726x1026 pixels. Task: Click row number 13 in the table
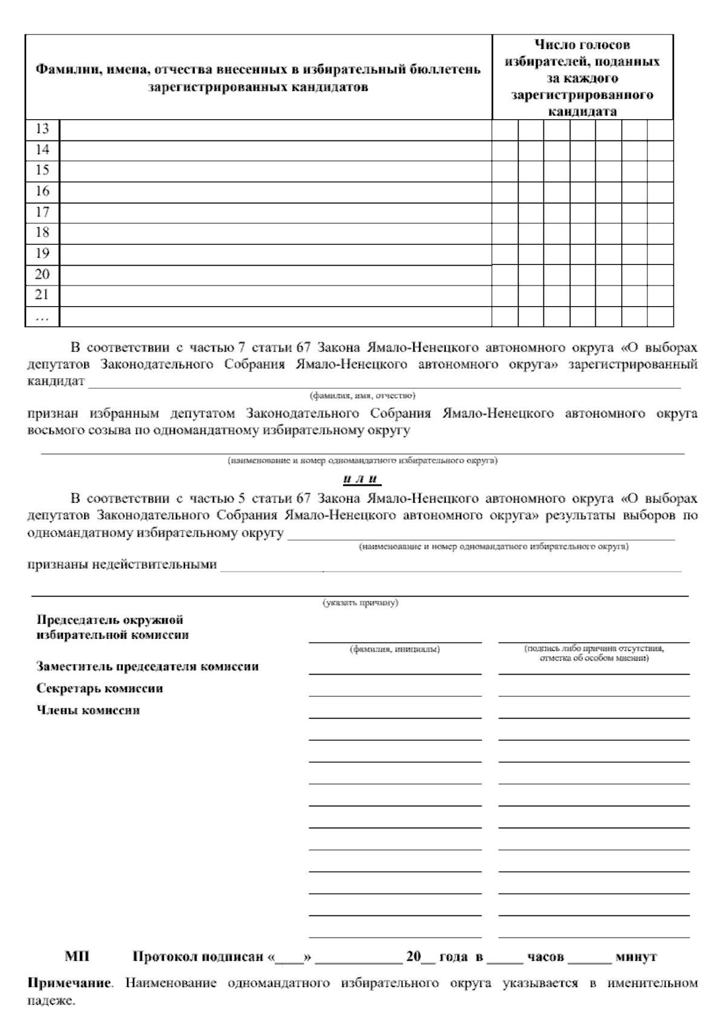tap(42, 129)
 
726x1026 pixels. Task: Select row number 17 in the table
tap(42, 212)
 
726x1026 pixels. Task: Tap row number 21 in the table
tap(42, 295)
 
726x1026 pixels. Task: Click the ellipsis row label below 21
tap(42, 316)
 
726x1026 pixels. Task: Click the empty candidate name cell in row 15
tap(275, 171)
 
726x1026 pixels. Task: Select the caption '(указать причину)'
tap(361, 603)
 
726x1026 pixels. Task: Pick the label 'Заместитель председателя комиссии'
tap(148, 667)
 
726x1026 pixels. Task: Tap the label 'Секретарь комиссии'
tap(100, 688)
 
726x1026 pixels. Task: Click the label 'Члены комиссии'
tap(88, 710)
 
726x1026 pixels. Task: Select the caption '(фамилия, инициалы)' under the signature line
tap(395, 649)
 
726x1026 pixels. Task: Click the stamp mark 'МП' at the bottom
tap(77, 958)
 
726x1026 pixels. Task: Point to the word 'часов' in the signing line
tap(545, 958)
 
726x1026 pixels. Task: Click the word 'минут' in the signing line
tap(636, 958)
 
